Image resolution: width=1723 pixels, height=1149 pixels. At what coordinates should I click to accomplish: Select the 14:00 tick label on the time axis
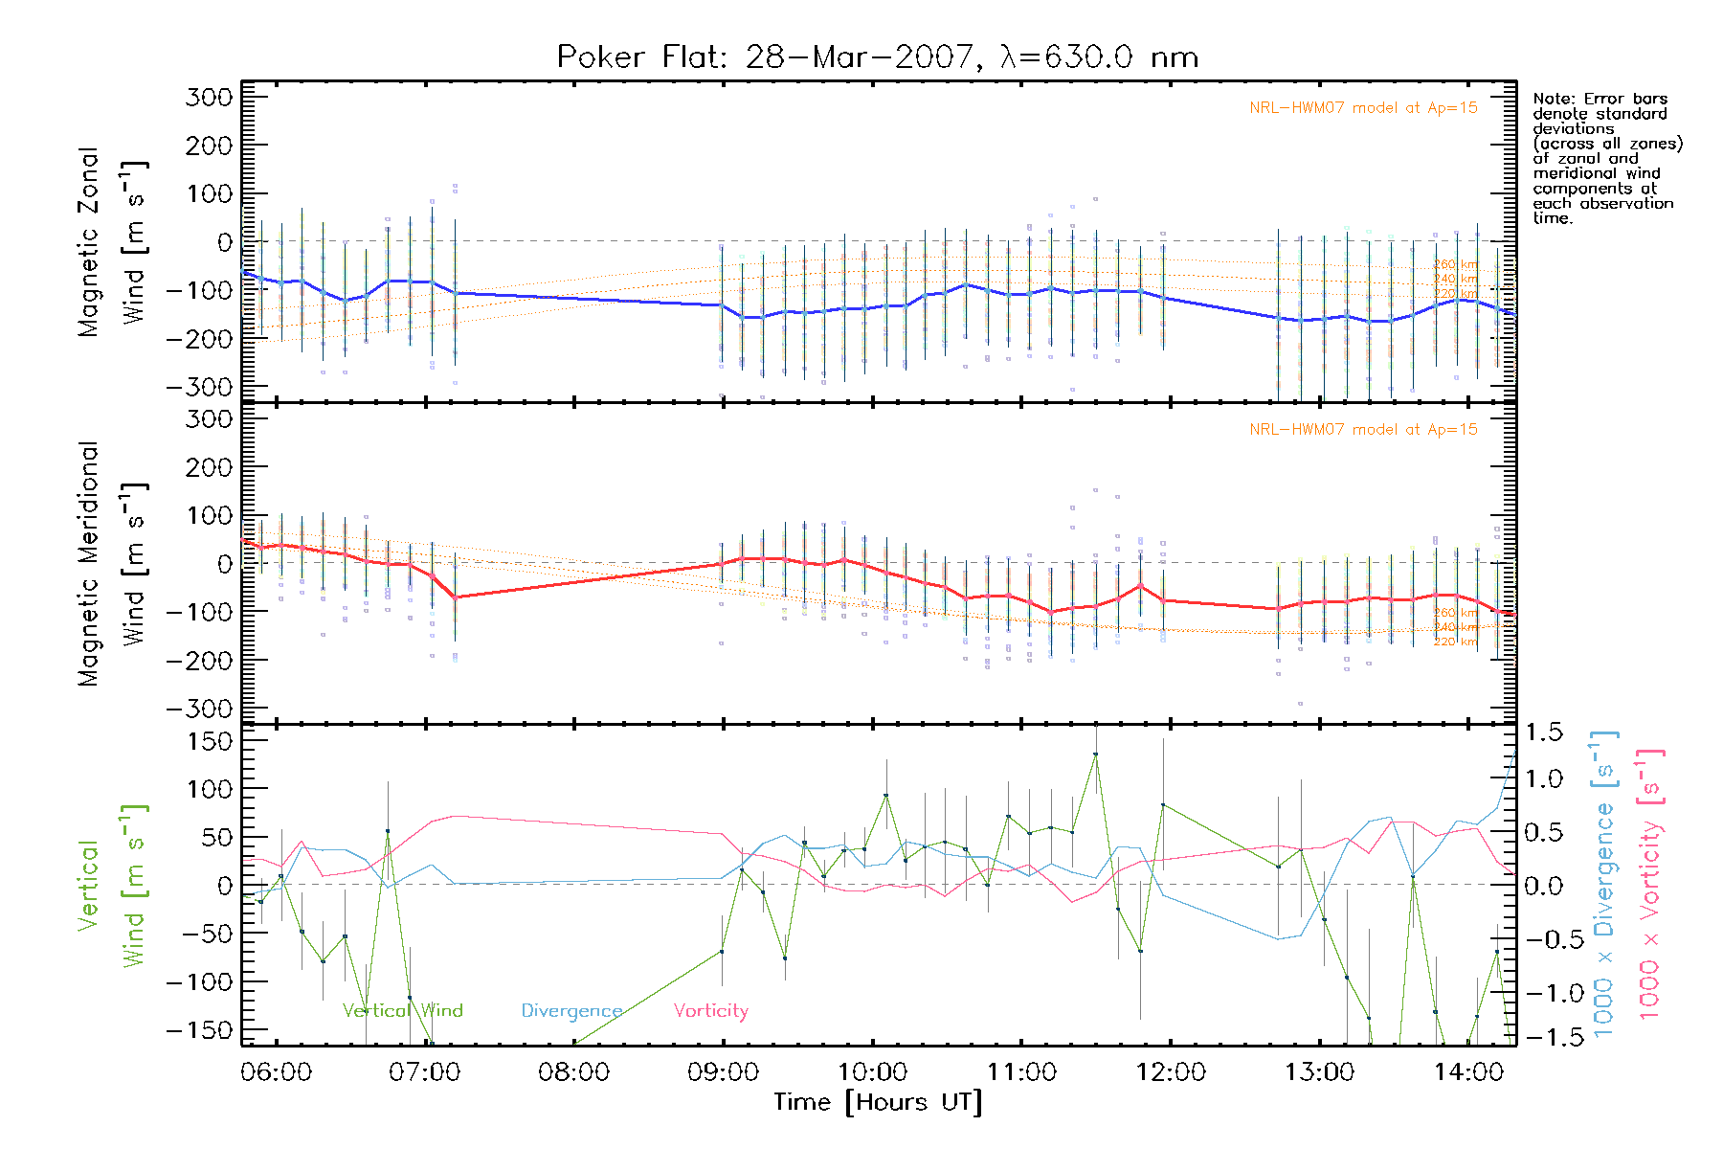(x=1468, y=1072)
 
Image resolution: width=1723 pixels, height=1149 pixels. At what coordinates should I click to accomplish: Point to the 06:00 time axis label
(x=276, y=1072)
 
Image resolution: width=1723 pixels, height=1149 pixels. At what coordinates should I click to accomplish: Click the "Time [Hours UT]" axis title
(x=877, y=1102)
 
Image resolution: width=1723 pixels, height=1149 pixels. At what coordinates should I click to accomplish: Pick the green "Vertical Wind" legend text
(x=402, y=1010)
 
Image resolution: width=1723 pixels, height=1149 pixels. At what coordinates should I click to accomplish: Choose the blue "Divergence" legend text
(x=571, y=1010)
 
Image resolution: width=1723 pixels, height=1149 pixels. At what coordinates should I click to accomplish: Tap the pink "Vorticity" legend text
(x=710, y=1010)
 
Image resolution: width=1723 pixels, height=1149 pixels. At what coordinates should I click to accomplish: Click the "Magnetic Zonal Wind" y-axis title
(x=112, y=241)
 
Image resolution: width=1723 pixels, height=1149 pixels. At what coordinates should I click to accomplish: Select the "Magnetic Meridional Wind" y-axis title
(x=112, y=563)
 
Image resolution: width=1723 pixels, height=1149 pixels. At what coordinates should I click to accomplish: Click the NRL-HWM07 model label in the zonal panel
(x=1363, y=108)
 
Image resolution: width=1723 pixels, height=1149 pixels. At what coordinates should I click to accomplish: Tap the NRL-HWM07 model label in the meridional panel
(x=1363, y=430)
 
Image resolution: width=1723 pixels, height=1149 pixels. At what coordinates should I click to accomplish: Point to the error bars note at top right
(x=1606, y=158)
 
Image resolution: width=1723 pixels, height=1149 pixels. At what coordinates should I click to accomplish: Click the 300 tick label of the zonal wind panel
(x=209, y=97)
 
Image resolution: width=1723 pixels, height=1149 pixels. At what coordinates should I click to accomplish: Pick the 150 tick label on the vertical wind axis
(x=209, y=741)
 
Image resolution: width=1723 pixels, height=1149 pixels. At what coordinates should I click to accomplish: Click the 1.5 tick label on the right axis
(x=1543, y=732)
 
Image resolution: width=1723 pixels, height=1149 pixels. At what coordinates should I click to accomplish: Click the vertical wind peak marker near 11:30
(x=1095, y=755)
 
